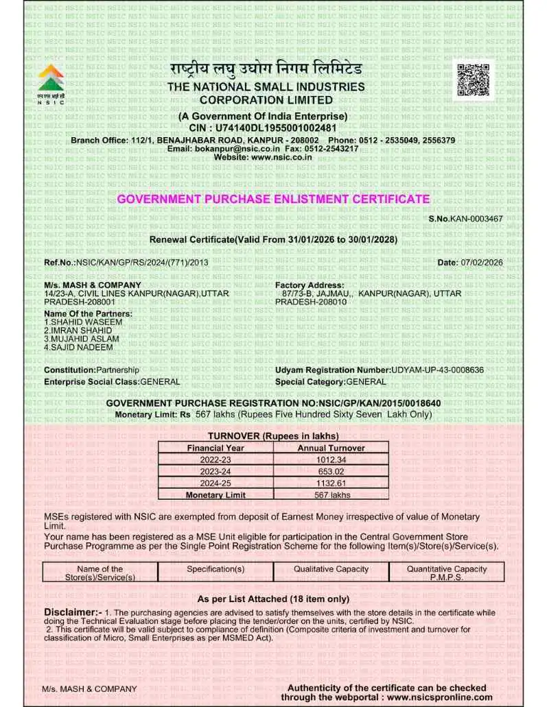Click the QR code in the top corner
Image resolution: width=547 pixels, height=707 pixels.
coord(474,80)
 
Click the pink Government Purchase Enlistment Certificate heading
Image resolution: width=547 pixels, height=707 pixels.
coord(273,199)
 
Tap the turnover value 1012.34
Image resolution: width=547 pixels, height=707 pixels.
coord(331,459)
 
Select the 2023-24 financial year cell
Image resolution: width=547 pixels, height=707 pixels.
coord(216,471)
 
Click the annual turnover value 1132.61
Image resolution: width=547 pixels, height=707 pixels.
coord(331,483)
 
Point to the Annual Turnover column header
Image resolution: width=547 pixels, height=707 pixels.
coord(331,448)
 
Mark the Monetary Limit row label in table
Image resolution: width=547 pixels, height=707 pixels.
coord(216,494)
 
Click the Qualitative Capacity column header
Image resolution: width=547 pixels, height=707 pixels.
coord(331,569)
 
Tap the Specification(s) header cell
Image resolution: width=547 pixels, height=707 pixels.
coord(216,569)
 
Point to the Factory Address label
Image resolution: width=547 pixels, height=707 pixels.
coord(310,285)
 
